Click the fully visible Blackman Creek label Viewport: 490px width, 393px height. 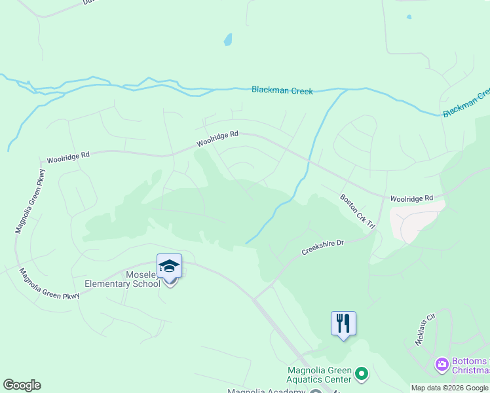282,90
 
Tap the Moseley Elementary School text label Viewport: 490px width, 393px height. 123,279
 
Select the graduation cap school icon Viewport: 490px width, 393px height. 169,266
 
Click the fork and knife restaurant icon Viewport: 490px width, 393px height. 343,323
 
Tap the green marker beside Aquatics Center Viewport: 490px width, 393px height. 362,375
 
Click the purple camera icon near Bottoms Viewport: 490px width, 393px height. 442,364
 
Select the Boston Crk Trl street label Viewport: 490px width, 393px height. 357,212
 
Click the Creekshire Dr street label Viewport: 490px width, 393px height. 322,247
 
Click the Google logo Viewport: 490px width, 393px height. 22,385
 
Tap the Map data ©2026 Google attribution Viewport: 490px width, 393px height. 449,388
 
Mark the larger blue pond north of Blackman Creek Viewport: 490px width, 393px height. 227,39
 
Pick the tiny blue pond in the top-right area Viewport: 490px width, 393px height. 409,17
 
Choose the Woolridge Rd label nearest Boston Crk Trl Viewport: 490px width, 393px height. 411,197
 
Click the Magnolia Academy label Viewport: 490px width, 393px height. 266,391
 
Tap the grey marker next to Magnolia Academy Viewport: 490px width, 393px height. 315,392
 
